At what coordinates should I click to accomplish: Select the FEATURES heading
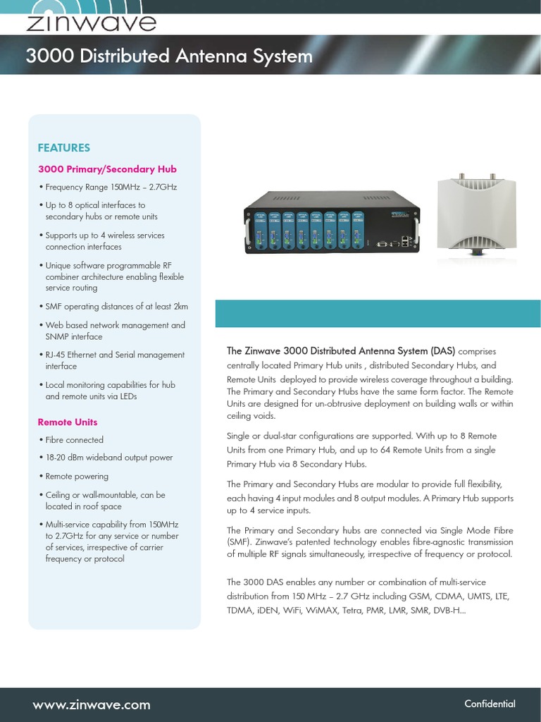pos(63,148)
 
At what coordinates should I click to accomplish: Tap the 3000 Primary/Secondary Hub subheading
pos(107,169)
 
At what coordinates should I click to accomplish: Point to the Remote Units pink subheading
pos(68,422)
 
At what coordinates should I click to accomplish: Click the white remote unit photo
pos(476,215)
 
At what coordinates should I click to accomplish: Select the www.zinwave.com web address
pos(92,704)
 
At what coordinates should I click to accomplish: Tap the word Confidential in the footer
pos(490,704)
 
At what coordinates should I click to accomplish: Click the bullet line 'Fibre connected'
pos(74,440)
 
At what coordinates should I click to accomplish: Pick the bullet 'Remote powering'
pos(77,477)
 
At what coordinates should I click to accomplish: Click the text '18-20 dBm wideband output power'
pos(108,458)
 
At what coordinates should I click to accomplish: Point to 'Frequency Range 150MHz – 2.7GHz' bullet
pos(111,188)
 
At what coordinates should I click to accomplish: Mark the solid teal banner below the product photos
pos(378,313)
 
